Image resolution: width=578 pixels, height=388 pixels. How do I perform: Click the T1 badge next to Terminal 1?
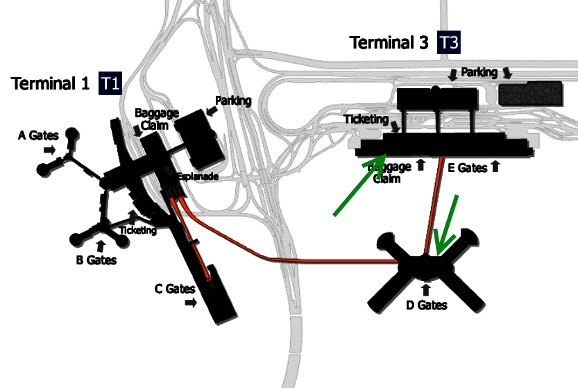click(110, 84)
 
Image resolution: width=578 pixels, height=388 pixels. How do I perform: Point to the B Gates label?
click(96, 260)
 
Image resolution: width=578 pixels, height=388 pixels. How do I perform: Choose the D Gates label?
click(426, 304)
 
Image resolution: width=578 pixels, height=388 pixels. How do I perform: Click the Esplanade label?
click(198, 177)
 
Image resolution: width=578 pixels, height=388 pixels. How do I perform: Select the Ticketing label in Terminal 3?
click(366, 119)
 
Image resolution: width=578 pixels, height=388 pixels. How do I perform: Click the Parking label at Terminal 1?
click(232, 101)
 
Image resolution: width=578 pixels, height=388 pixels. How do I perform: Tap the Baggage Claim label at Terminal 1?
click(157, 118)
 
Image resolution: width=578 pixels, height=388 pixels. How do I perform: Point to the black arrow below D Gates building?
click(426, 288)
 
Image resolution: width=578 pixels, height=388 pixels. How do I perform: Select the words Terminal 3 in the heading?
click(389, 43)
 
